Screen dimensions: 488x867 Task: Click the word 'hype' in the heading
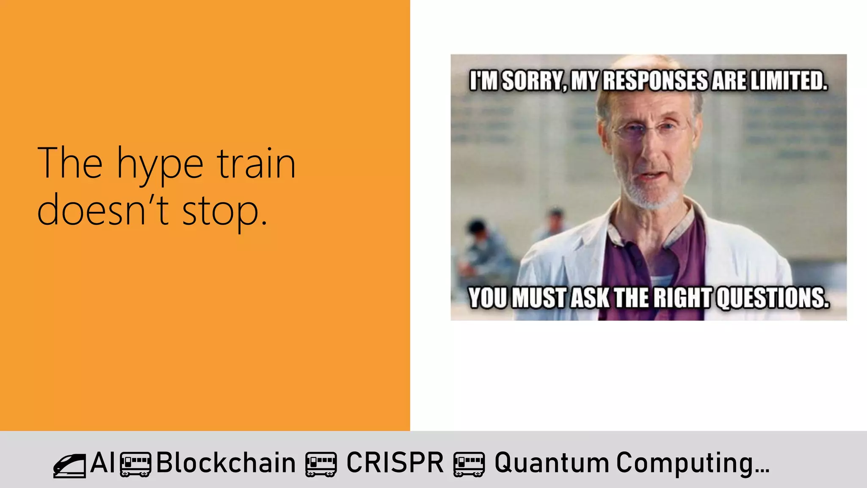click(160, 165)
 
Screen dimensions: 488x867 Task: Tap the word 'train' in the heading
click(256, 164)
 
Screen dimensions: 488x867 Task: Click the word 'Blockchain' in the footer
click(226, 463)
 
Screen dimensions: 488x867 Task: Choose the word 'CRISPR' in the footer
click(395, 463)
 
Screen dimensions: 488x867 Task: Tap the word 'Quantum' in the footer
click(551, 463)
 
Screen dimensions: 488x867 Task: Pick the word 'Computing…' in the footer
click(693, 463)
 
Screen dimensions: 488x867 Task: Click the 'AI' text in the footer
click(102, 463)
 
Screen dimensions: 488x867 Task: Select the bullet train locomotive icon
click(69, 466)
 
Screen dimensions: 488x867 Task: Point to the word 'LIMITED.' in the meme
click(789, 81)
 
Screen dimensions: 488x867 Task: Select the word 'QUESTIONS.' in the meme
click(773, 298)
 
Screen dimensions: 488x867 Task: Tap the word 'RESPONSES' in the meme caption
click(654, 81)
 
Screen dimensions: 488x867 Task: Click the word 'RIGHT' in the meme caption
click(683, 298)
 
